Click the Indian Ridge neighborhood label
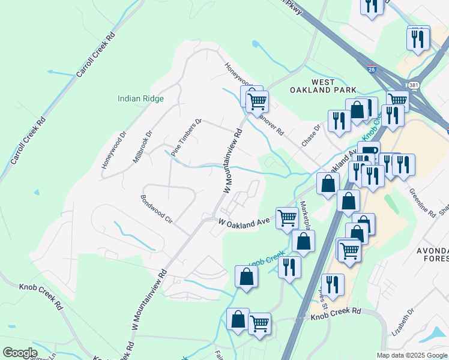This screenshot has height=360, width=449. pos(140,99)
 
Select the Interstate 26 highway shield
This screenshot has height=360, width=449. pos(372,70)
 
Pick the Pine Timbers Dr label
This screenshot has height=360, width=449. pos(187,138)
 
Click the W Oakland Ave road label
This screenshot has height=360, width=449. pos(244,222)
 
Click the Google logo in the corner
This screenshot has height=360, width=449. pos(20,353)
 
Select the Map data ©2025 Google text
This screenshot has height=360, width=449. pos(412,355)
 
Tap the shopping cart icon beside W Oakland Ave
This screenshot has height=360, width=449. pos(288,218)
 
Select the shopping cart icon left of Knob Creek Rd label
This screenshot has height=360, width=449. pos(259,324)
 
